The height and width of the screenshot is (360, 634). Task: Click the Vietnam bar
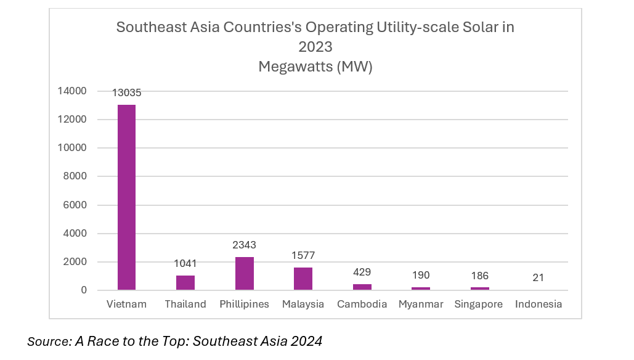(x=126, y=197)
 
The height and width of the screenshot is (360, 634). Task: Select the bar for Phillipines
(x=244, y=273)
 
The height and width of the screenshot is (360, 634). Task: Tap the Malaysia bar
(x=303, y=279)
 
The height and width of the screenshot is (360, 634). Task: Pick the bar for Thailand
(x=185, y=282)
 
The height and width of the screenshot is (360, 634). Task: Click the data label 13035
(x=126, y=93)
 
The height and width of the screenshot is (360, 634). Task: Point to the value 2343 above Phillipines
(x=244, y=245)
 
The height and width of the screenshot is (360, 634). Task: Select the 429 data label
(x=362, y=272)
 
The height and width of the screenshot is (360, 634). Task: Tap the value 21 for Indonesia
(x=538, y=278)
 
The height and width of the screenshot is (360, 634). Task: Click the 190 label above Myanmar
(x=421, y=276)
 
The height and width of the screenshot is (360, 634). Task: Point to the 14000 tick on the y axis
(x=72, y=91)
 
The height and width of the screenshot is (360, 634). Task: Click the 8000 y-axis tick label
(x=75, y=176)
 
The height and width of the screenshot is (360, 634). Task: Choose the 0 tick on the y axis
(x=84, y=290)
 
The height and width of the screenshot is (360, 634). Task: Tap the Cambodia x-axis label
(x=362, y=304)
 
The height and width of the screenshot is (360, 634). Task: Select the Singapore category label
(x=478, y=304)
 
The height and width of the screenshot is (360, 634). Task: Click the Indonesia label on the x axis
(x=538, y=304)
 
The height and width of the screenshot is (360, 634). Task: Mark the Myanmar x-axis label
(x=421, y=304)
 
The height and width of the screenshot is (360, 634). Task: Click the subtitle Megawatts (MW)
(x=315, y=67)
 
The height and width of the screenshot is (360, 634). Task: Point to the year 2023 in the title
(x=315, y=47)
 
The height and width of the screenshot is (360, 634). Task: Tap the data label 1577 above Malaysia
(x=303, y=256)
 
